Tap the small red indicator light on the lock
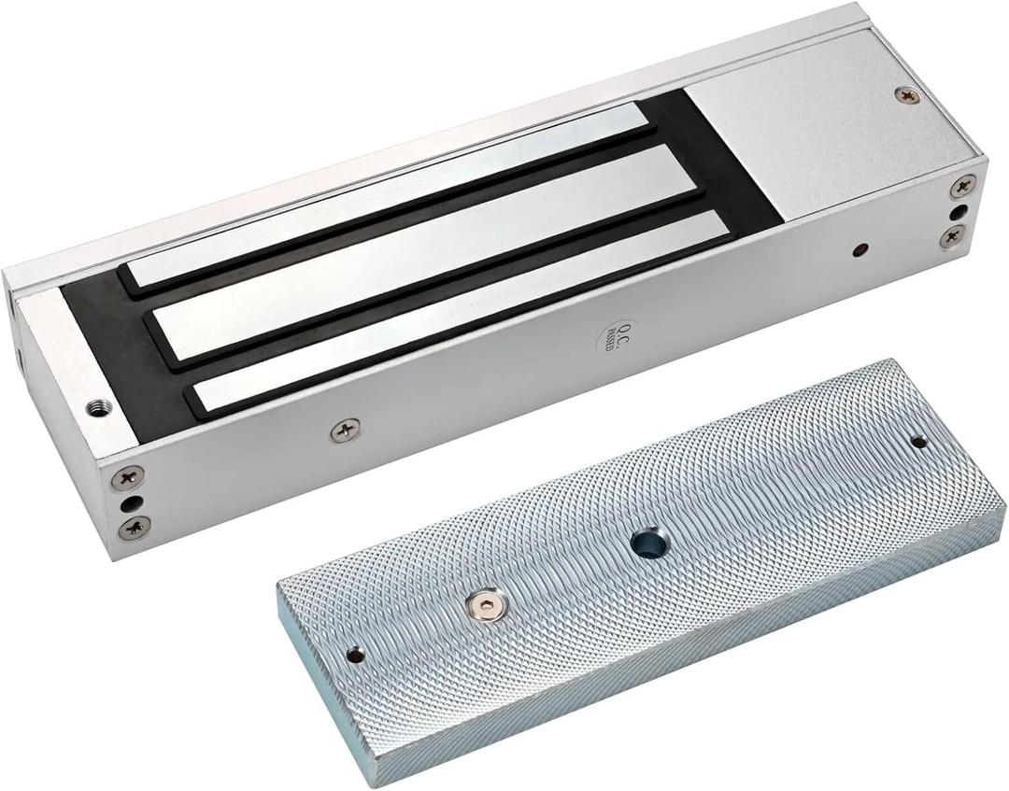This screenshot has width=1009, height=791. pyautogui.click(x=860, y=250)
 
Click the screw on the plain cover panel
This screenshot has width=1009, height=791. pyautogui.click(x=906, y=94)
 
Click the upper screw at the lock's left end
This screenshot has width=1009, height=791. pyautogui.click(x=127, y=478)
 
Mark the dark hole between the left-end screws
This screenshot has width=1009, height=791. pyautogui.click(x=129, y=503)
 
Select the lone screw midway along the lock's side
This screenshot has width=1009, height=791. pyautogui.click(x=345, y=431)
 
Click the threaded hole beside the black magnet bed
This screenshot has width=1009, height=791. pyautogui.click(x=96, y=406)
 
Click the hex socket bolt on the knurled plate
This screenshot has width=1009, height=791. pyautogui.click(x=482, y=608)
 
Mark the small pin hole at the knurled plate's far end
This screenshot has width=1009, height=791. pyautogui.click(x=918, y=441)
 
